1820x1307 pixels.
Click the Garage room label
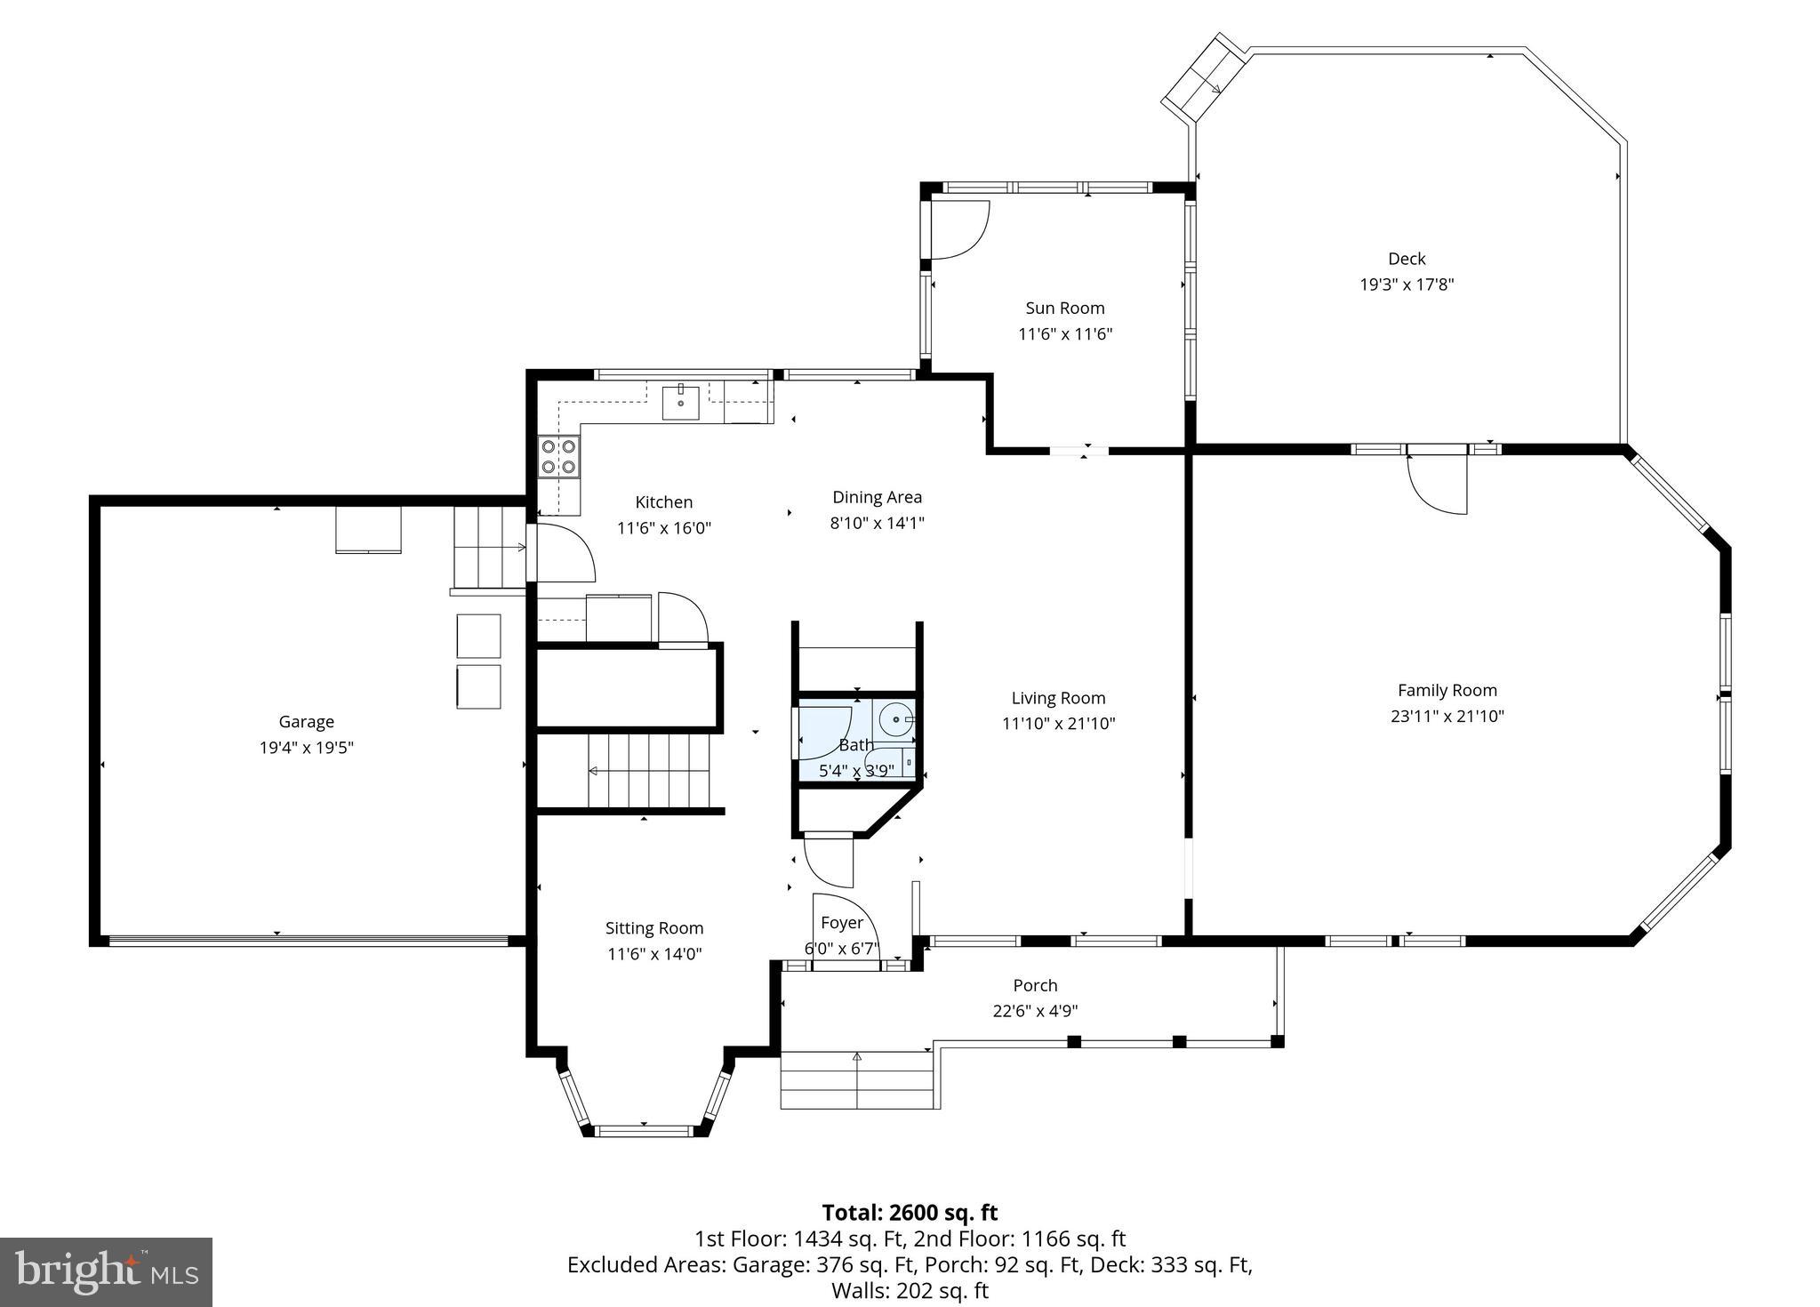tap(306, 722)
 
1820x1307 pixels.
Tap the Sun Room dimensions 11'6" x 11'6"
tap(1065, 334)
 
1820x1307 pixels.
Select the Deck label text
tap(1407, 259)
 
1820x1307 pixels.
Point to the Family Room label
tap(1447, 690)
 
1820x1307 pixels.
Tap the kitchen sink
tap(680, 403)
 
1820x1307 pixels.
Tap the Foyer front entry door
tap(845, 934)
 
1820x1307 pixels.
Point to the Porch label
tap(1035, 985)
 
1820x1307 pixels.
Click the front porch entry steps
tap(858, 1079)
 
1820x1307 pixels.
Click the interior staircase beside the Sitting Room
tap(649, 770)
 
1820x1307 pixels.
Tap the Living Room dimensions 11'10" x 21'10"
tap(1058, 724)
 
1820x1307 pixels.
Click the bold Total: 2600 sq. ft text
tap(910, 1213)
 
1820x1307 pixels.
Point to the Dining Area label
tap(877, 497)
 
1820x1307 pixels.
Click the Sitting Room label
tap(654, 928)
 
